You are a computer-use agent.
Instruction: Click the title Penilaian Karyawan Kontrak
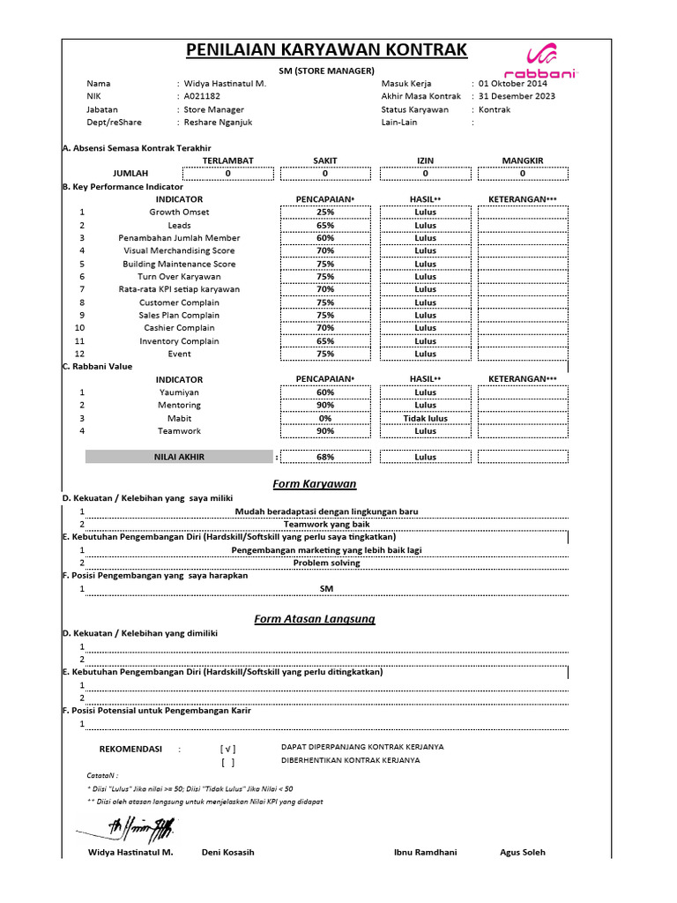point(326,49)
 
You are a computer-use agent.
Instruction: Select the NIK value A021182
point(203,96)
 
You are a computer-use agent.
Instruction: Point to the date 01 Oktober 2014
point(513,83)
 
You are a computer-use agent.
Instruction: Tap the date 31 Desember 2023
point(517,96)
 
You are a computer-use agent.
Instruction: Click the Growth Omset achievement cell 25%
point(325,213)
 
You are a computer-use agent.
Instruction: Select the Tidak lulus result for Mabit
point(425,418)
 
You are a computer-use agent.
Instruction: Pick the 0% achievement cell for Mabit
point(325,418)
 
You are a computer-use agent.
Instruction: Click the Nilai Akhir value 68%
point(325,457)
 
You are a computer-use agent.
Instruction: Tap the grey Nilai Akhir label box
point(179,457)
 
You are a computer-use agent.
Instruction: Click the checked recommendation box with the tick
point(228,749)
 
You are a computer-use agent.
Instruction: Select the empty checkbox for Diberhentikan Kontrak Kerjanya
point(228,762)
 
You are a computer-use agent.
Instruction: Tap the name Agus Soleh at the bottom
point(523,852)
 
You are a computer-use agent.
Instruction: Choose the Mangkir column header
point(523,160)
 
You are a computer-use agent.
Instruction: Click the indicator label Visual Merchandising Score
point(179,250)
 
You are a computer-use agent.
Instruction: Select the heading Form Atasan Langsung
point(315,619)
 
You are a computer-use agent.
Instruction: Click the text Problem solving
point(326,562)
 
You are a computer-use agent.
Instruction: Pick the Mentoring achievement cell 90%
point(325,405)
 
